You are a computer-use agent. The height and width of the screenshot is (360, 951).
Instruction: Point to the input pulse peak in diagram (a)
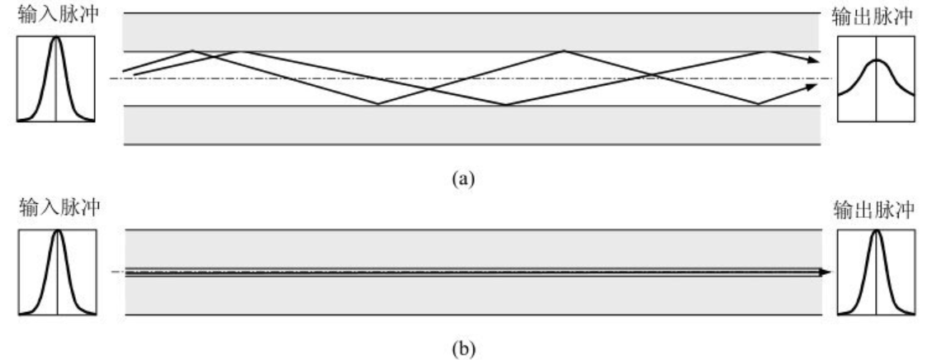click(55, 39)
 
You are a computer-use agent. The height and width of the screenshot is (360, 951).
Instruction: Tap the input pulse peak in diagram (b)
click(56, 230)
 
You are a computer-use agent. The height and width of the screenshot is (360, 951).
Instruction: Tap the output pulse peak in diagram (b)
click(876, 230)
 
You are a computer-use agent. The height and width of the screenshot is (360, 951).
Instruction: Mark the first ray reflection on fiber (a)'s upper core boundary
click(192, 51)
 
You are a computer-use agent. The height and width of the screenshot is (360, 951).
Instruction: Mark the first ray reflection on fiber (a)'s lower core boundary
click(379, 105)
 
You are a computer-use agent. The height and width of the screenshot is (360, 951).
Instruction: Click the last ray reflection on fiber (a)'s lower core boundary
click(758, 105)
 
